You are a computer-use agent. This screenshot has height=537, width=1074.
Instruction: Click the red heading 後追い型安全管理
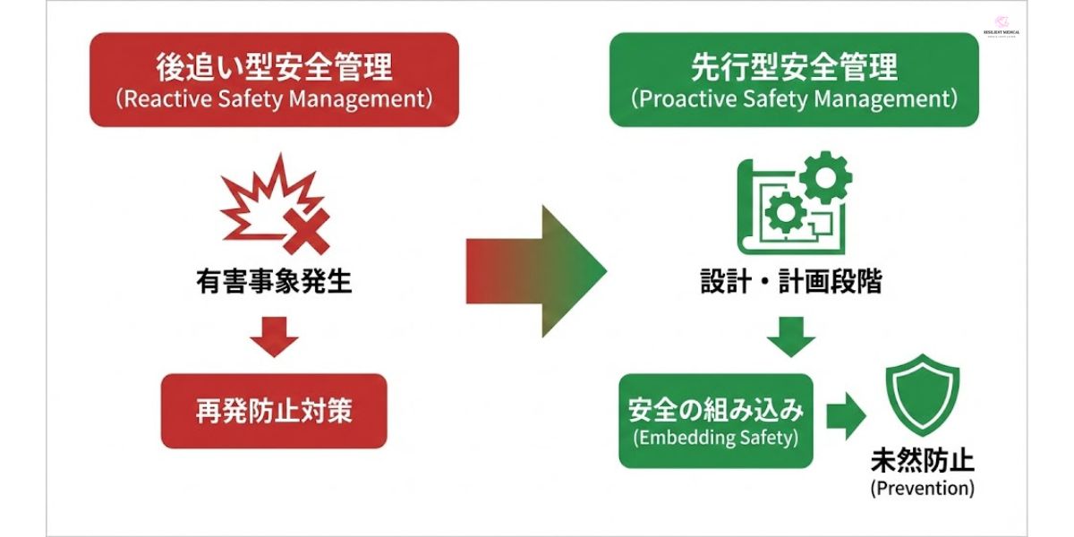(x=274, y=67)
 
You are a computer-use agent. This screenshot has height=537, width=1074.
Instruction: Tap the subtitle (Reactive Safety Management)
(x=274, y=98)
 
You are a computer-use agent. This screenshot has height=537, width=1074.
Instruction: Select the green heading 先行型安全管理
(x=794, y=67)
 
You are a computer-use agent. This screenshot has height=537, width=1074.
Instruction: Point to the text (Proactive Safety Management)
(x=794, y=98)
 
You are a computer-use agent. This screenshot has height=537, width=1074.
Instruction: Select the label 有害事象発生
(x=274, y=282)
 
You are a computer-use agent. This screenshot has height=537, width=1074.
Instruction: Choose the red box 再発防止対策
(x=274, y=411)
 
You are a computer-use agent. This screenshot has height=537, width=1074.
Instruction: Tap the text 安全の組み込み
(x=716, y=411)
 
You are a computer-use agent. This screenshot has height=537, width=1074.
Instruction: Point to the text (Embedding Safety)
(x=716, y=439)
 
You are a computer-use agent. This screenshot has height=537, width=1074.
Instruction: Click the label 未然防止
(x=922, y=461)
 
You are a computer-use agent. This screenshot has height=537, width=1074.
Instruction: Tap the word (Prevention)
(x=922, y=489)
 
